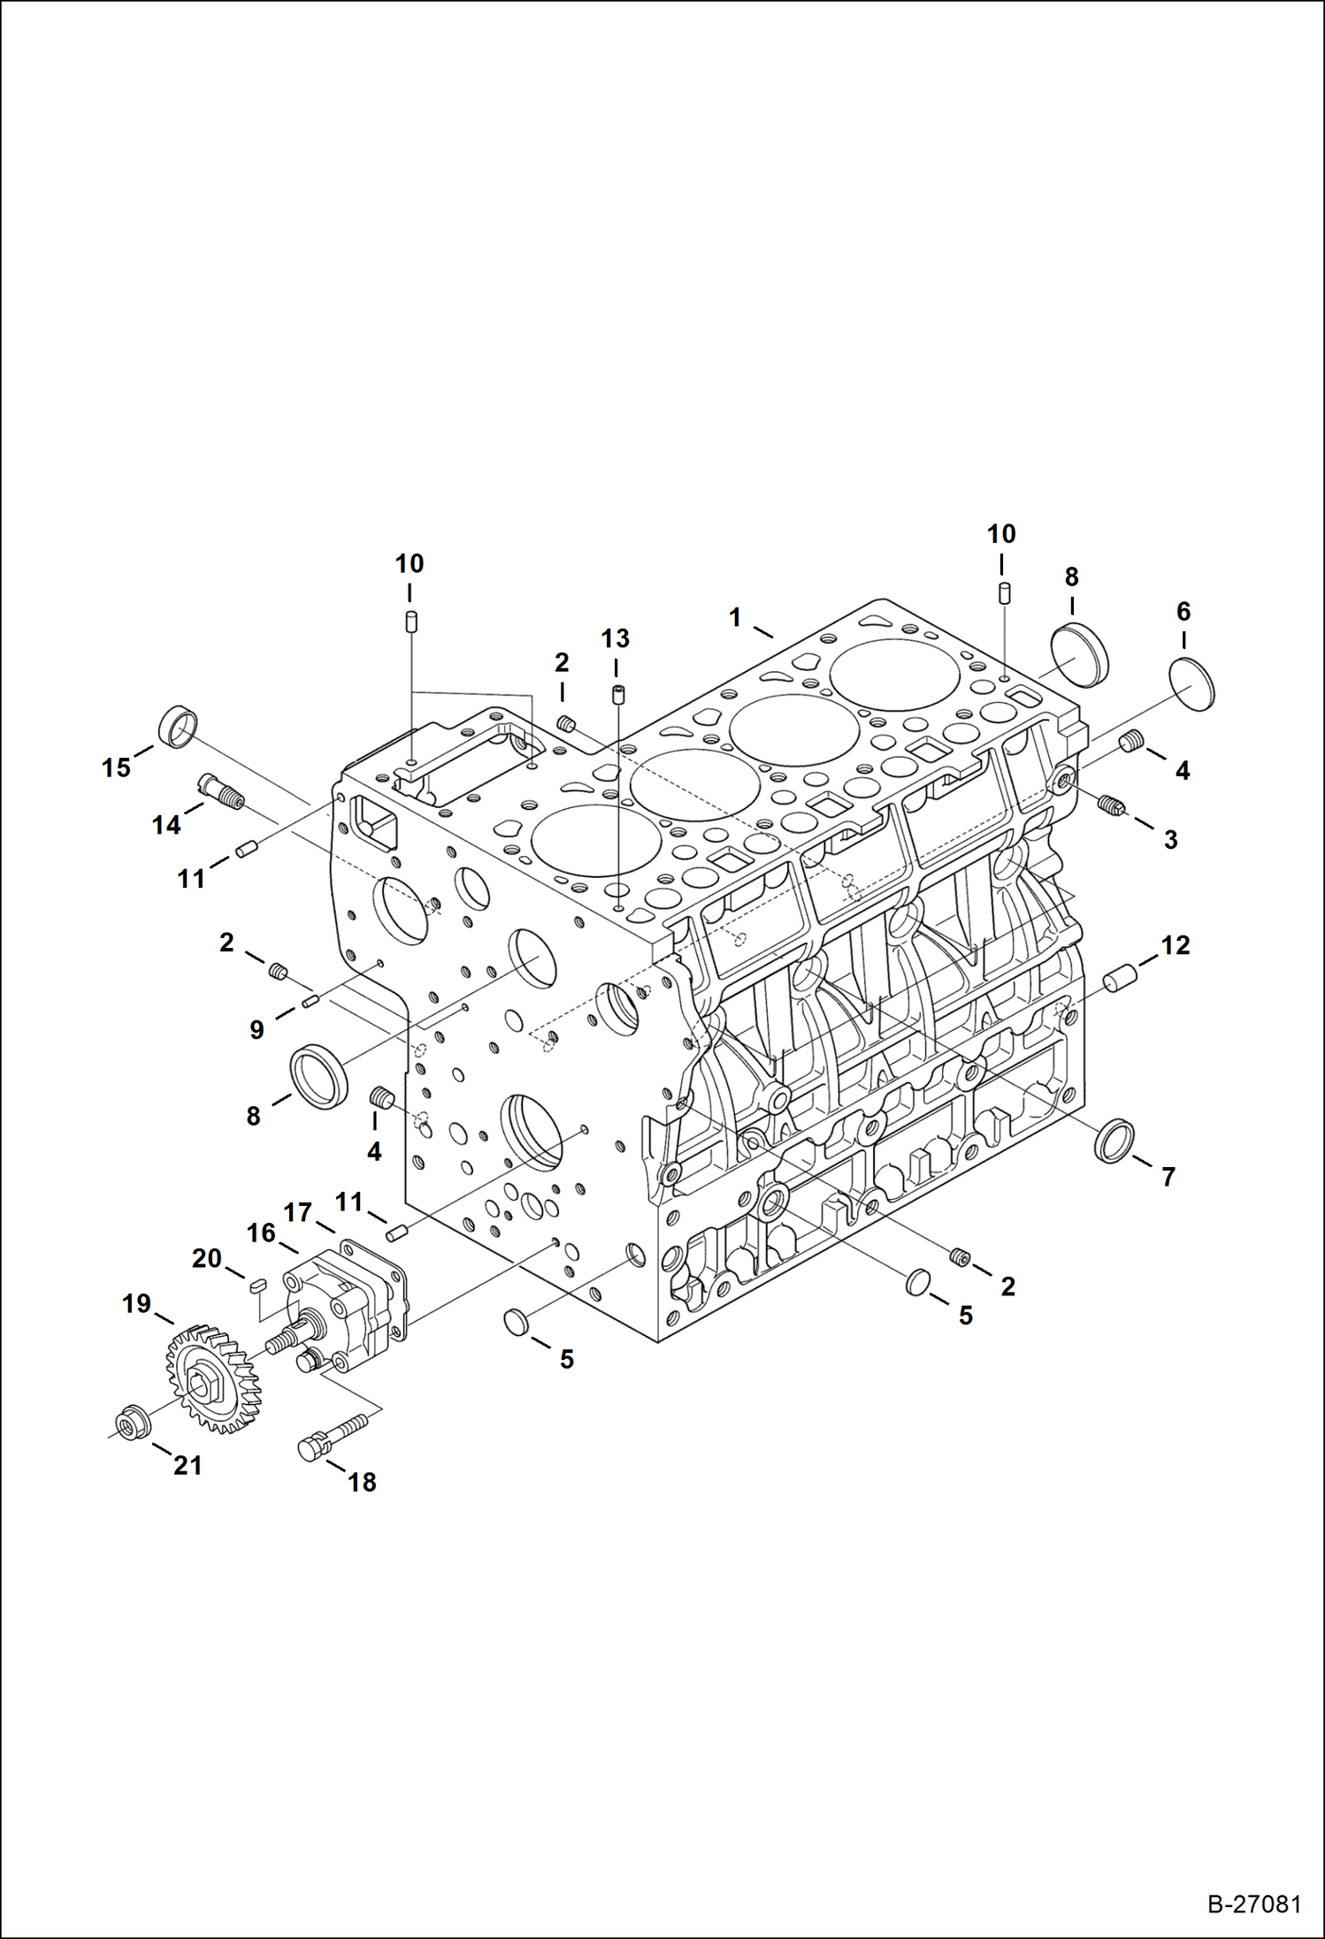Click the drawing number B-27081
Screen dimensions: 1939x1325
click(1254, 1904)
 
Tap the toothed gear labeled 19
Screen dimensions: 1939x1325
click(213, 1378)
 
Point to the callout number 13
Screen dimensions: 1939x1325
click(616, 638)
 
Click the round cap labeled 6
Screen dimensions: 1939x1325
click(1191, 683)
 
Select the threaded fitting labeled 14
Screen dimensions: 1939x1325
click(222, 791)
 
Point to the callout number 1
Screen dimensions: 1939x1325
click(735, 617)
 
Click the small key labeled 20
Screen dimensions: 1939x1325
click(256, 1286)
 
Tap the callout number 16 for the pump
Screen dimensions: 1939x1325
click(261, 1233)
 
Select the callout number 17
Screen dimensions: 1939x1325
click(298, 1211)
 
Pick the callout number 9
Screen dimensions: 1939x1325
click(257, 1029)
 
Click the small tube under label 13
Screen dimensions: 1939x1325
click(617, 693)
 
